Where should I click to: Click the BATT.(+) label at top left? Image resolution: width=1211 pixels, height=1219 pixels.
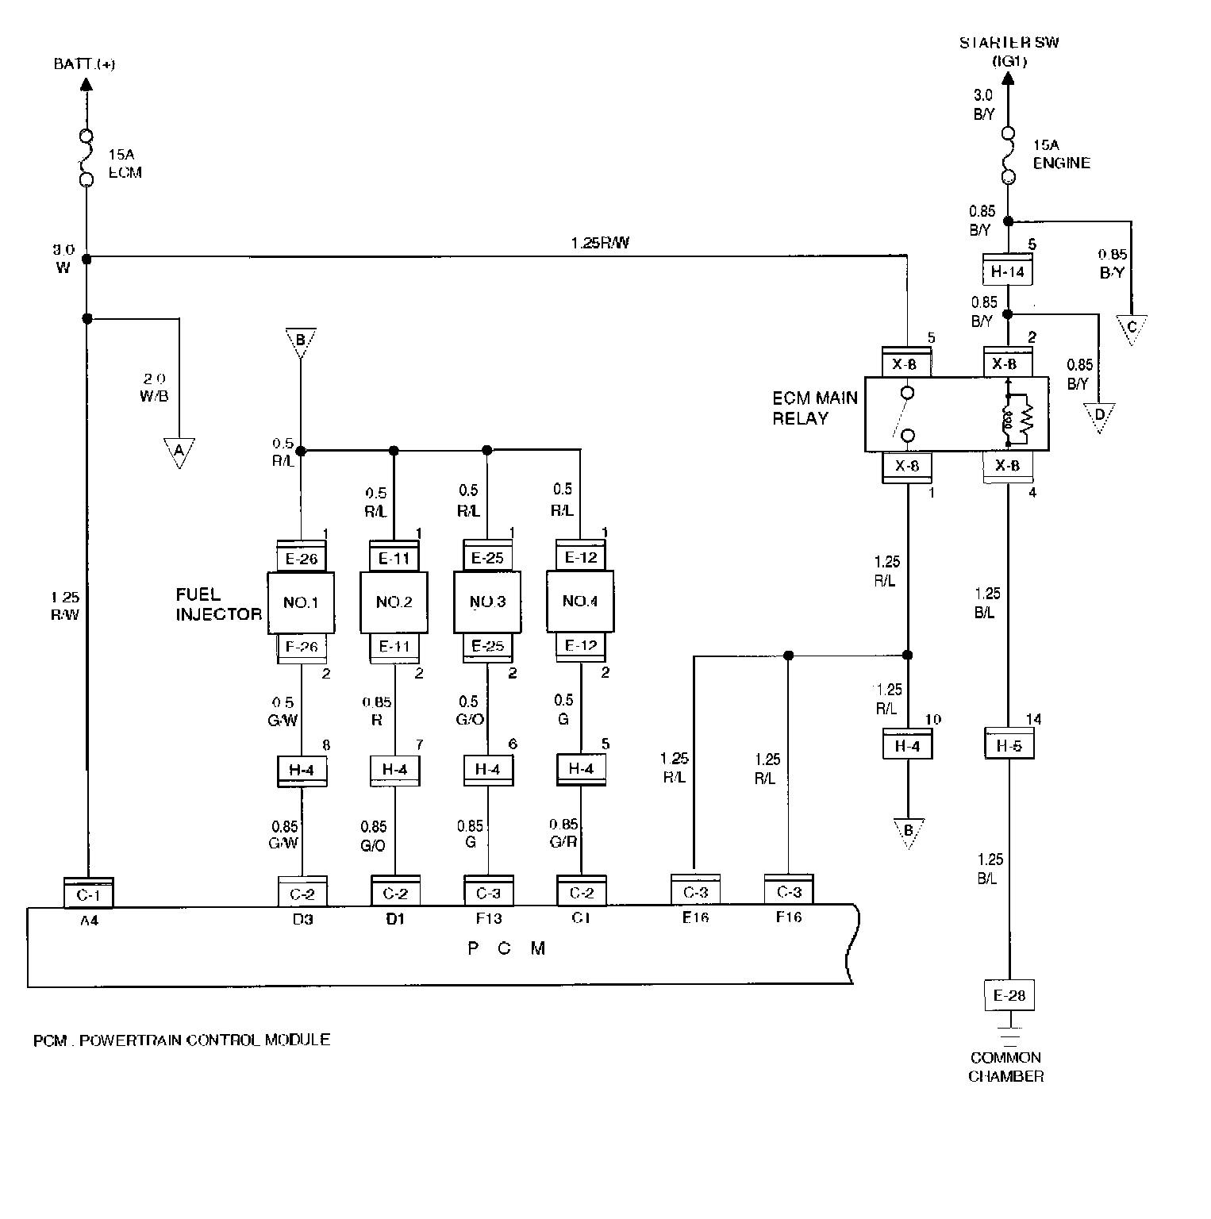(84, 64)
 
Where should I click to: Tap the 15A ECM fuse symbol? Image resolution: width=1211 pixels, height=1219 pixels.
(86, 158)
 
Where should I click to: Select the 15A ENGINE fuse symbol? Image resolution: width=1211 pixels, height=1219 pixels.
(1008, 156)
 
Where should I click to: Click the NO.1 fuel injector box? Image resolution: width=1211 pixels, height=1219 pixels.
(301, 602)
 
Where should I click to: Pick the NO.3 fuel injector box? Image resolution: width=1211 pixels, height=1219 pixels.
(487, 602)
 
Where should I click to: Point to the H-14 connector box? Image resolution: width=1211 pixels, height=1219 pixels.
(1007, 272)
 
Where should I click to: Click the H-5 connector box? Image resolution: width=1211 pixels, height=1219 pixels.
(1009, 745)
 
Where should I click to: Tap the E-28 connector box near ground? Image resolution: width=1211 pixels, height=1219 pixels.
(1009, 995)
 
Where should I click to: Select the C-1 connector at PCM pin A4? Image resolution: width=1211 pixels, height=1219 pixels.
(88, 893)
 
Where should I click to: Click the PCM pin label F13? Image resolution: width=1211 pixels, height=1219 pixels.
(487, 918)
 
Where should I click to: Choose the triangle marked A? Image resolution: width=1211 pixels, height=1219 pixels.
(179, 452)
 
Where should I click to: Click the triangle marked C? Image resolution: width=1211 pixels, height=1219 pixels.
(1132, 328)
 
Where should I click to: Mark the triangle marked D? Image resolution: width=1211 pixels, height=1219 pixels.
(1099, 416)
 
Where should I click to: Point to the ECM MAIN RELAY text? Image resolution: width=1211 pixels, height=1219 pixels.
(815, 408)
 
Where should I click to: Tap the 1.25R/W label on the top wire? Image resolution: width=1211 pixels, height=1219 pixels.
(599, 243)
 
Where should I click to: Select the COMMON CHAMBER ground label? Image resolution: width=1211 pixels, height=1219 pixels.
(1005, 1067)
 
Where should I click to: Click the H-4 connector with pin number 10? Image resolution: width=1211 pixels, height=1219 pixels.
(907, 745)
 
